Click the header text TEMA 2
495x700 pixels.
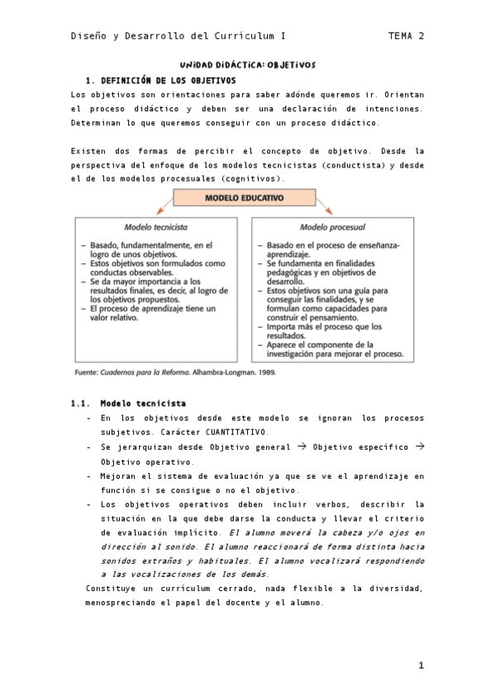click(406, 36)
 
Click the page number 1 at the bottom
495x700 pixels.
click(421, 665)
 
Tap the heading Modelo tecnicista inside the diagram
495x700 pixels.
click(155, 226)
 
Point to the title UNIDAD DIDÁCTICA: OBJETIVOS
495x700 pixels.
click(248, 64)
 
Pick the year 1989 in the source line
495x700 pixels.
click(266, 372)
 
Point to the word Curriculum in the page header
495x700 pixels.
click(237, 36)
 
